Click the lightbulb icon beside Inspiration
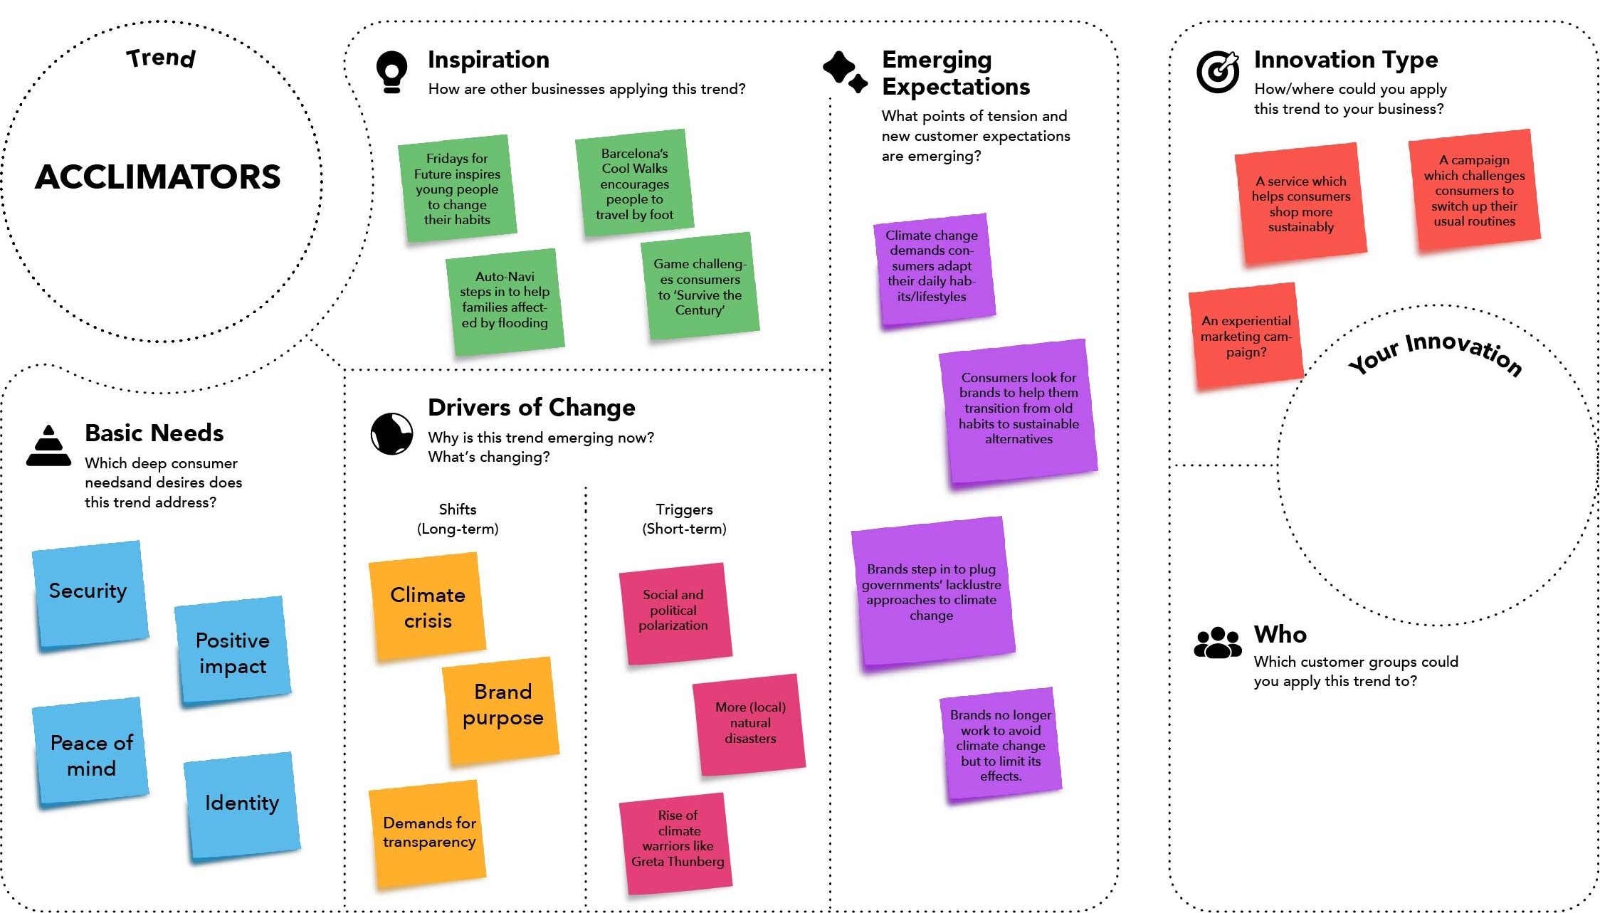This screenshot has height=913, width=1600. coord(392,72)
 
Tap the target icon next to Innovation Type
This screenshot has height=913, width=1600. coord(1218,72)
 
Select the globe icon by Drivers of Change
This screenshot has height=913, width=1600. coord(391,433)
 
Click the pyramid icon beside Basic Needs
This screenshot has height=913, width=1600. coord(48,446)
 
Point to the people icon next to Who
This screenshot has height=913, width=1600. coord(1217,643)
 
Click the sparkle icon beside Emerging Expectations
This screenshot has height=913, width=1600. coord(845,72)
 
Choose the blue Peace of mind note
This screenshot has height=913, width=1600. coord(91,754)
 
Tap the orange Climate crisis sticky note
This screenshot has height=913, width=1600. coord(428,607)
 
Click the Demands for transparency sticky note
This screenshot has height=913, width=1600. coord(428,833)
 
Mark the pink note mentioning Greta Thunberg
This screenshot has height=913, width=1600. coord(677,842)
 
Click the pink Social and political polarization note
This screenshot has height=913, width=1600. coord(674,612)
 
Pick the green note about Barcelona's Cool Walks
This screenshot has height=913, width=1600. coord(633,184)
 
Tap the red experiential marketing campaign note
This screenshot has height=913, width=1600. coord(1246,336)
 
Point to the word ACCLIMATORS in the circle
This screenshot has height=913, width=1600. coord(158,176)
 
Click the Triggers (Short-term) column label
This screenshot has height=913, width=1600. coord(684,519)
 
